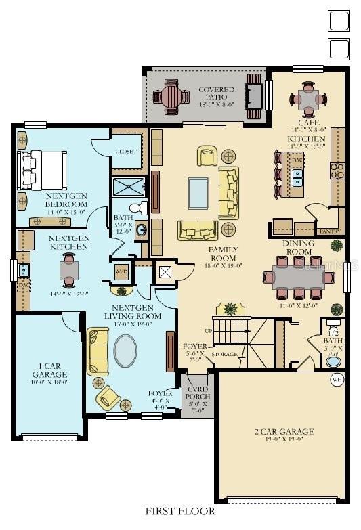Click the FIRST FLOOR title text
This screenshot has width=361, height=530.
pos(180,511)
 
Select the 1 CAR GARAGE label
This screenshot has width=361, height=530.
pos(49,374)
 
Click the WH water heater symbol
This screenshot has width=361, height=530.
pos(337,380)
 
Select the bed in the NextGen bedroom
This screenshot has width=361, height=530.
pos(43,169)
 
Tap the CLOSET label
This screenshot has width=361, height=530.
pos(126,152)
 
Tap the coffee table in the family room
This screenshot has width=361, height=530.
pos(198,192)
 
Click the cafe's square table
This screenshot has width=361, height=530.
pos(309,100)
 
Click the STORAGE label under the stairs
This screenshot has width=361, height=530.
pos(224,354)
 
